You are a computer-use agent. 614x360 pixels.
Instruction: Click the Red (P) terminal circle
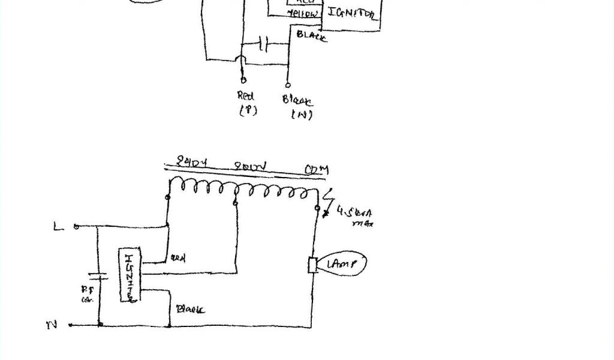click(x=243, y=80)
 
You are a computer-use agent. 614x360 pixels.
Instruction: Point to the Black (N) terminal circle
click(x=288, y=85)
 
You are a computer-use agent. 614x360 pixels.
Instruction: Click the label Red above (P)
click(x=246, y=95)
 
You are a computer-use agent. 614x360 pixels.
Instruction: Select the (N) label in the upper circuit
click(x=301, y=115)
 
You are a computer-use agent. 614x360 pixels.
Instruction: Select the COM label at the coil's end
click(x=316, y=170)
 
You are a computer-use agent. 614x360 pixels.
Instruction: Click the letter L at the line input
click(x=58, y=227)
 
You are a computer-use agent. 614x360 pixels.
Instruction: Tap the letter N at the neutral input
click(x=52, y=325)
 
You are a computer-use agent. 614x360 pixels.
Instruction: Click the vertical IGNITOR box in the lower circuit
click(x=128, y=275)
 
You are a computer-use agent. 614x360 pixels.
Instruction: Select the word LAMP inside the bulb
click(x=342, y=263)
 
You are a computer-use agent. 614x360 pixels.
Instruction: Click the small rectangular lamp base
click(x=312, y=265)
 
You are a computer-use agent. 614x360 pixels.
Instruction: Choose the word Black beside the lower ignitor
click(x=189, y=309)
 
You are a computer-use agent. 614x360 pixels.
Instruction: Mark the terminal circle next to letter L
click(x=76, y=227)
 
